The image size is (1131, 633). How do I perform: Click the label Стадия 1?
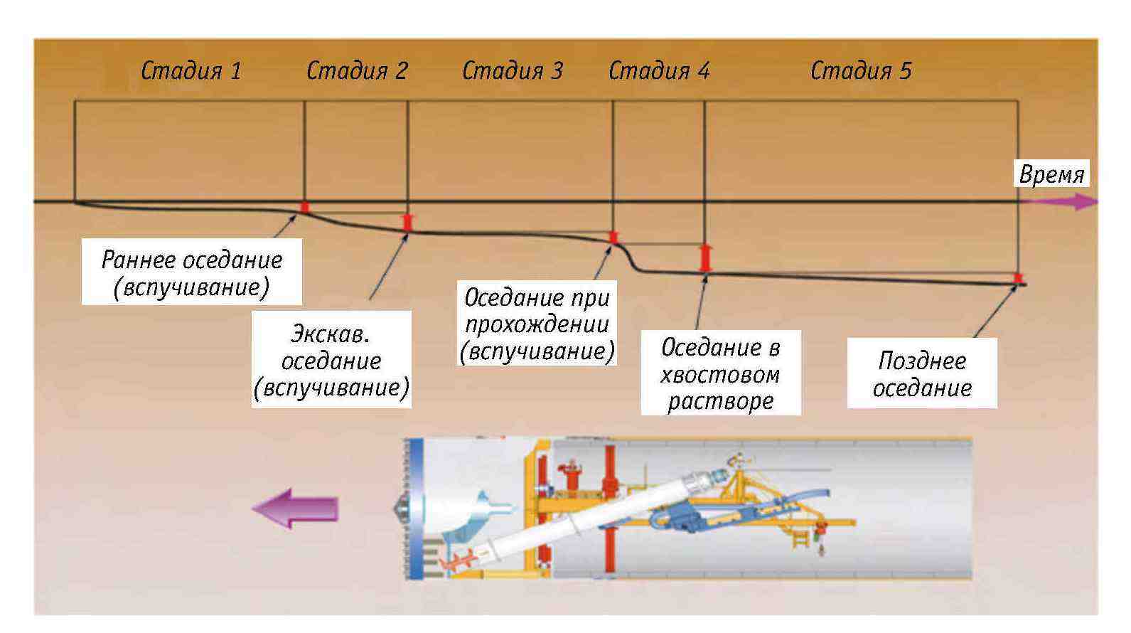click(191, 70)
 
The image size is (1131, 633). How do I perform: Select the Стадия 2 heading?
click(357, 70)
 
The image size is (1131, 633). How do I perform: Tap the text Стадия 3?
click(512, 70)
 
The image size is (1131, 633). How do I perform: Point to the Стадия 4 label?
click(659, 70)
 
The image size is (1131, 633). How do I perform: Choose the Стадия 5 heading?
click(860, 70)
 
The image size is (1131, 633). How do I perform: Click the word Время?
click(1051, 174)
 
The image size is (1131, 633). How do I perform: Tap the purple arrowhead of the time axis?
click(1083, 203)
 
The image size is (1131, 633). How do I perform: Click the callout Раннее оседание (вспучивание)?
click(191, 272)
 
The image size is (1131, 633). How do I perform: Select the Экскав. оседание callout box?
click(331, 360)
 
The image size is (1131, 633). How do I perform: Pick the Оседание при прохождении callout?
click(537, 324)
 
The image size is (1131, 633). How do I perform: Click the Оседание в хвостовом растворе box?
click(720, 373)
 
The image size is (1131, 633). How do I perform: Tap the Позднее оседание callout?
click(921, 373)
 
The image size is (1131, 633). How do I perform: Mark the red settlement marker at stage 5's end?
click(1018, 278)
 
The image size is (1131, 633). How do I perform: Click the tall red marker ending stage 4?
click(704, 258)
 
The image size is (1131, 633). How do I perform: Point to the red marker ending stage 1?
click(304, 207)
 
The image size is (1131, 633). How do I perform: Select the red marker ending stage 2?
click(407, 223)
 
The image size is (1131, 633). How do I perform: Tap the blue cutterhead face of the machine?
click(416, 509)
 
